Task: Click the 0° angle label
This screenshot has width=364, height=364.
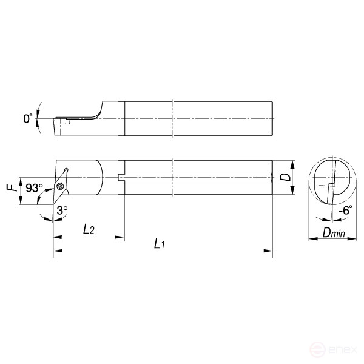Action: point(28,118)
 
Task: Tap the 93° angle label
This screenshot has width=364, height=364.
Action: point(34,188)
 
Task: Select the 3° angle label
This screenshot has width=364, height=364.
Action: point(62,211)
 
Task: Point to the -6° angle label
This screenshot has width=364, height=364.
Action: point(345,210)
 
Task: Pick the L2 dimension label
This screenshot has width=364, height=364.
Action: point(89,229)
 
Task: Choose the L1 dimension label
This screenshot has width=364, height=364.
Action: point(160,243)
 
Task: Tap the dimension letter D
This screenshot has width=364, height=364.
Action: point(285,177)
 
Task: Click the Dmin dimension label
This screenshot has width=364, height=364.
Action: point(334,232)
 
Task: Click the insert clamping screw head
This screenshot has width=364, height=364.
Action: point(60,186)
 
